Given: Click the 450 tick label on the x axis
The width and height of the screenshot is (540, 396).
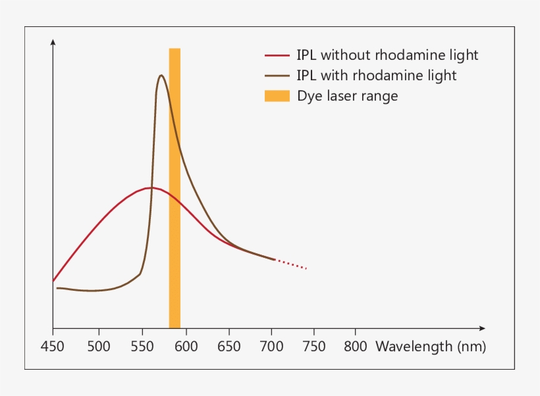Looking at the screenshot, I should [53, 347].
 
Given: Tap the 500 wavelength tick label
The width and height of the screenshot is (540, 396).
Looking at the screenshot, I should [98, 347].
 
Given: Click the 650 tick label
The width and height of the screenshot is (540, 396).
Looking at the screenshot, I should [228, 347].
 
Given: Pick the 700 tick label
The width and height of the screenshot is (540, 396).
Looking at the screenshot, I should [271, 347].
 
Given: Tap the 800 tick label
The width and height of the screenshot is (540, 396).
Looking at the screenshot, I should [356, 347].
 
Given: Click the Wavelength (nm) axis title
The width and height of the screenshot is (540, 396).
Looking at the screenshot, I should [431, 347].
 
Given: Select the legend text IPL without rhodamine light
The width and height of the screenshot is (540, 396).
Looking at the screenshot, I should [387, 55].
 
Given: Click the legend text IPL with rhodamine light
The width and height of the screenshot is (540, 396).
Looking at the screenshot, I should [377, 76].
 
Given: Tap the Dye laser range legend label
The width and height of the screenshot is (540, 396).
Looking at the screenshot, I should [348, 96].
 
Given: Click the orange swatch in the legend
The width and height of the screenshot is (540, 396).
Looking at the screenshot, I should [277, 96].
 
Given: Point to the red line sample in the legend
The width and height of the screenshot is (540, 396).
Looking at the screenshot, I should [277, 55].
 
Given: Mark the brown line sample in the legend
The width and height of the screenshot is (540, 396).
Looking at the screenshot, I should [277, 76].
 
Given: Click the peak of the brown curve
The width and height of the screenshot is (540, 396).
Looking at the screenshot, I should [161, 75].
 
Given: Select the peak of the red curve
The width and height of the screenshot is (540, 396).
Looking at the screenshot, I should [151, 187].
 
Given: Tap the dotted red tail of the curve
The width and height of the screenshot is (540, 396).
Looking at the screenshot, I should [291, 264].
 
